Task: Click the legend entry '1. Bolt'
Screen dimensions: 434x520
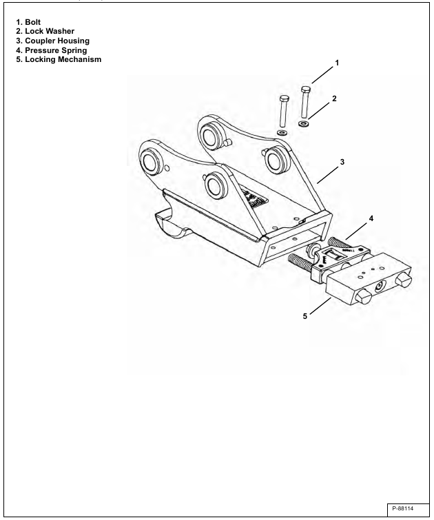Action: coord(28,22)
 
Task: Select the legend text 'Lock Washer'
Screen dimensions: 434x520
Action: coord(50,31)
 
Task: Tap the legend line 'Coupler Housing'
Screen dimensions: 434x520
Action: coord(57,41)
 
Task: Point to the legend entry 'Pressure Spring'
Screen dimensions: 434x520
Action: coord(56,50)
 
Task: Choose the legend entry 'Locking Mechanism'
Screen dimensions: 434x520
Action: coord(63,60)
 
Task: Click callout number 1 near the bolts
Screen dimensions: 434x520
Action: coord(337,63)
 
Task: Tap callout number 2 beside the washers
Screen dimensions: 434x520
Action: coord(335,98)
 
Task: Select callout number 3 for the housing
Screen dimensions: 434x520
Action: coord(342,162)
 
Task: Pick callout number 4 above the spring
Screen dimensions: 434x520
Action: coord(371,218)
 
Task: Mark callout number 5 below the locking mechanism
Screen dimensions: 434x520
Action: coord(305,316)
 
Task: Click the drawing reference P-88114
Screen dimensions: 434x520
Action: coord(402,508)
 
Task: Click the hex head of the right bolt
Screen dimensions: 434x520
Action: coord(306,90)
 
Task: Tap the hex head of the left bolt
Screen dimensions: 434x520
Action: coord(284,98)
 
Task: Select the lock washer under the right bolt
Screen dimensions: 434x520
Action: coord(304,124)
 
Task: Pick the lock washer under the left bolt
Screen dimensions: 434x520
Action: coord(282,133)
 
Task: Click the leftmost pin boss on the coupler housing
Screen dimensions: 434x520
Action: coord(152,162)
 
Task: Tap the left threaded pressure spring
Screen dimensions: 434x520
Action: coord(301,262)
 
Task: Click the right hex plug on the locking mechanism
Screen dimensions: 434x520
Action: coord(404,280)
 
